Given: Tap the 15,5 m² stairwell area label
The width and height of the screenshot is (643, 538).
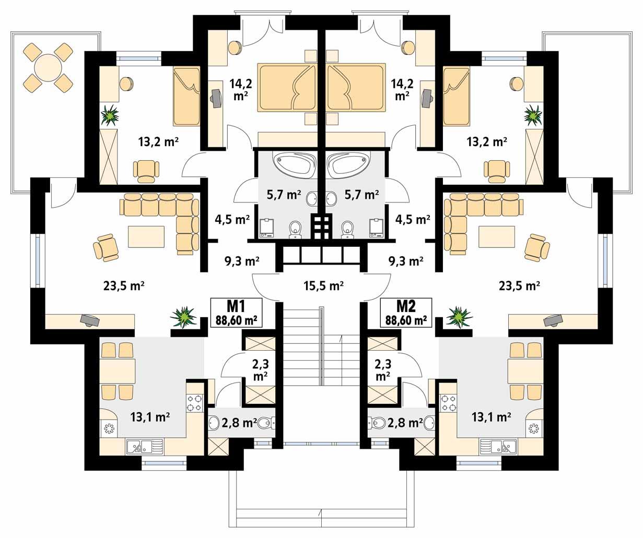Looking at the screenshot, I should click(x=323, y=285).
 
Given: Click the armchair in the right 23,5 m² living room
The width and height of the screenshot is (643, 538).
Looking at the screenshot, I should click(x=536, y=247).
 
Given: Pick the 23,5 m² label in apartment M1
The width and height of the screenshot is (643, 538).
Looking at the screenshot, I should click(x=124, y=285).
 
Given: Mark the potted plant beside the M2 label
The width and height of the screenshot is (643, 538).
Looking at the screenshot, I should click(x=459, y=316).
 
